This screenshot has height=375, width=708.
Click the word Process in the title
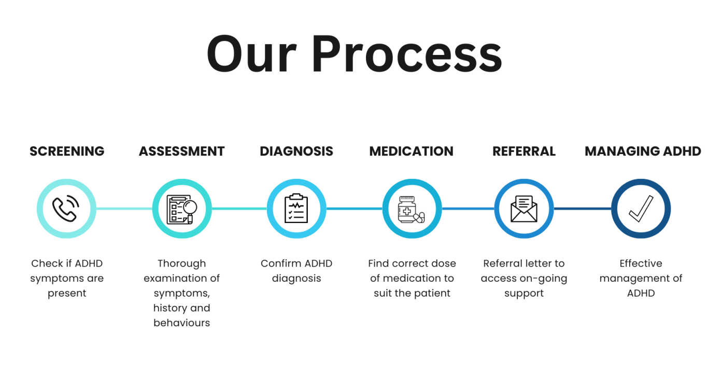[x=407, y=54]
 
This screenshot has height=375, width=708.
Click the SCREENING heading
[x=67, y=151]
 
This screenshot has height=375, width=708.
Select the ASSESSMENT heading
[x=181, y=151]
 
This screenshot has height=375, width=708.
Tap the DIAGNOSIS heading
[x=296, y=151]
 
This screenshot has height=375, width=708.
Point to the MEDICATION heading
[x=411, y=151]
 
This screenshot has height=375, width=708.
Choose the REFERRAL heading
[x=523, y=151]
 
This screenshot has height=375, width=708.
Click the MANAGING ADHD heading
[x=643, y=151]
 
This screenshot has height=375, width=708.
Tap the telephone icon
[x=66, y=209]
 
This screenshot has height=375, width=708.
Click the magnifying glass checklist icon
[x=181, y=209]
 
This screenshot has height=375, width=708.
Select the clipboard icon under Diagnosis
[x=296, y=209]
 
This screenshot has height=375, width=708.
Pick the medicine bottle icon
[x=411, y=209]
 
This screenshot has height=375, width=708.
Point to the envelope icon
[x=523, y=209]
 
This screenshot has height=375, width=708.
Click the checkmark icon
[x=641, y=209]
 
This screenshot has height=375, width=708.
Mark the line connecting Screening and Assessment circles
[x=124, y=209]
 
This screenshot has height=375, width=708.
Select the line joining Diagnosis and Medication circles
[x=354, y=209]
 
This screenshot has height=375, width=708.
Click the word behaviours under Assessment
[x=181, y=323]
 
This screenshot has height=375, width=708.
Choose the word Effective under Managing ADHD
[x=641, y=263]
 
